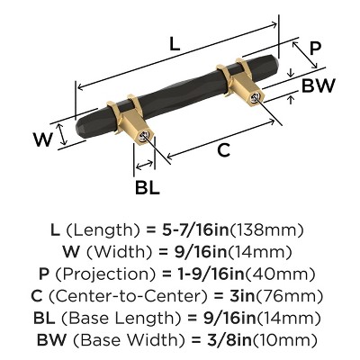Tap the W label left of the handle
(40, 139)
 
